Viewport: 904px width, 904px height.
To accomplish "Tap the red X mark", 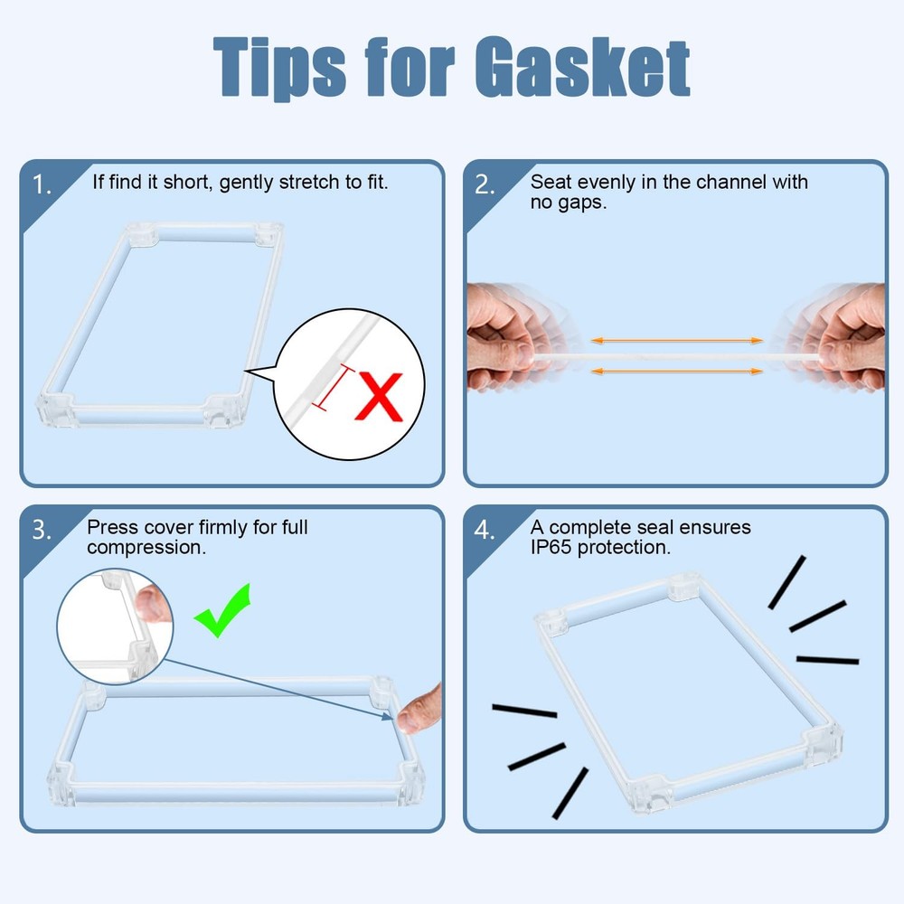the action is (x=379, y=397).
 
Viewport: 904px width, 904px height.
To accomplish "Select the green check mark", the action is (x=222, y=611).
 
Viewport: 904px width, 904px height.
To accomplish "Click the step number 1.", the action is (x=42, y=185).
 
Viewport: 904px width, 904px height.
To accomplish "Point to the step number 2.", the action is (x=485, y=184).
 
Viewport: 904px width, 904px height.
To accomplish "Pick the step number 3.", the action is (x=42, y=530).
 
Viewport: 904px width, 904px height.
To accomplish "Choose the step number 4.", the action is (x=485, y=530).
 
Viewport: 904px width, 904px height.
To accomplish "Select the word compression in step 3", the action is (x=146, y=548).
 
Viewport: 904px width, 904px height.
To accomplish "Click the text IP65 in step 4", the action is (x=551, y=547).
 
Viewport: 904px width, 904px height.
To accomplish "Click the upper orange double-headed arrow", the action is (x=677, y=341).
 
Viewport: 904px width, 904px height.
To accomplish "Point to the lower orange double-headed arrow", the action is (x=677, y=372).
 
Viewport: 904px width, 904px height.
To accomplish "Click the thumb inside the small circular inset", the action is (x=153, y=603).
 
